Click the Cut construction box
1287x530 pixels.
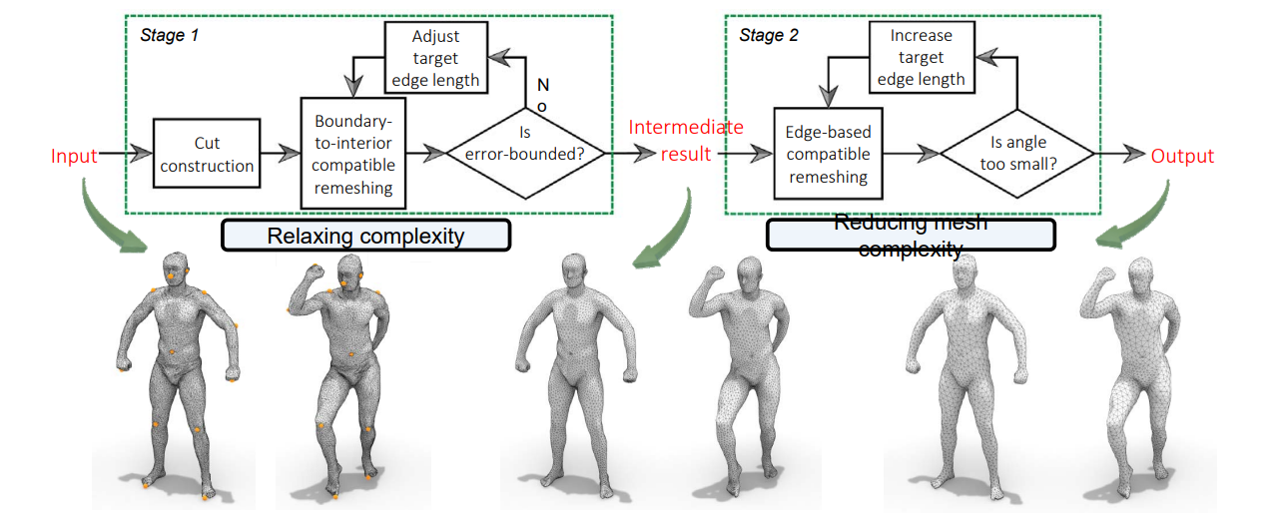coord(207,154)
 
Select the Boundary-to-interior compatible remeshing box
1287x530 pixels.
coord(354,153)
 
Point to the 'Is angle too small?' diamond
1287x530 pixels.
coord(1016,153)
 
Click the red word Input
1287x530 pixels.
coord(75,156)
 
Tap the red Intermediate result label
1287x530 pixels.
coord(685,140)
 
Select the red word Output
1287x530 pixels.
coord(1182,156)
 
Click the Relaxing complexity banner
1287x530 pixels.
coord(365,236)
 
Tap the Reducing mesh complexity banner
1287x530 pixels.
coord(910,236)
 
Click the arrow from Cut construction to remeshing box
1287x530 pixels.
coord(281,154)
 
